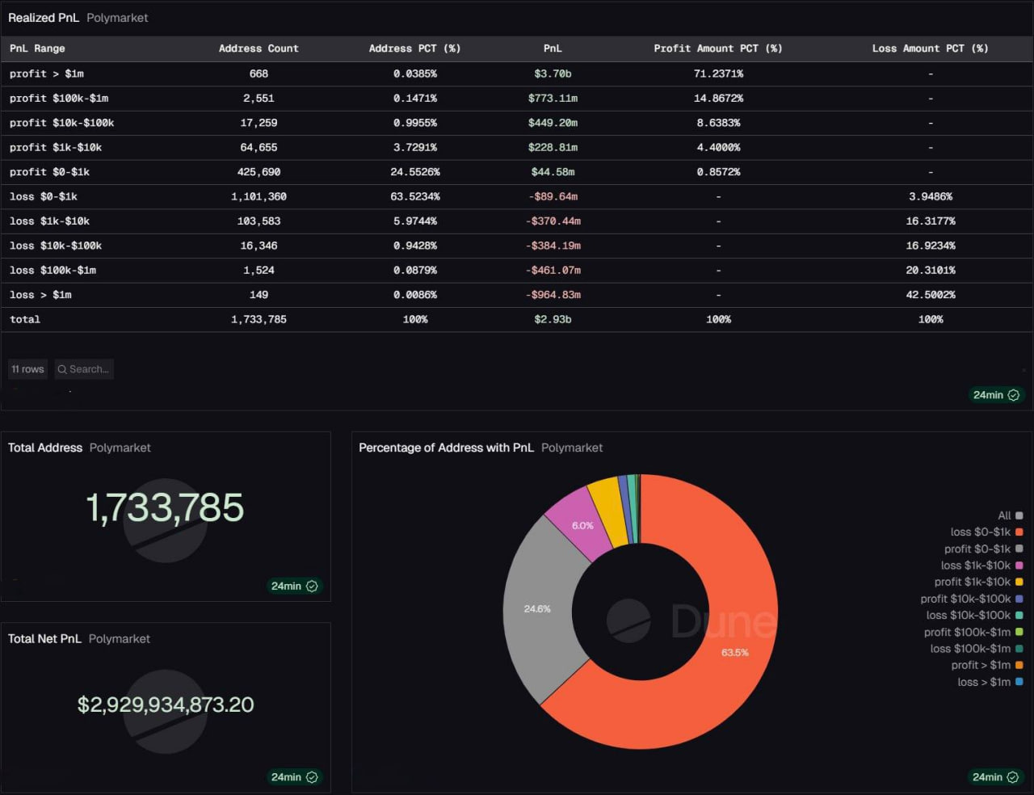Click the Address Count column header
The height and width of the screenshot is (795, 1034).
click(258, 48)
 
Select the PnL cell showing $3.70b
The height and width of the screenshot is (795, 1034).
click(553, 74)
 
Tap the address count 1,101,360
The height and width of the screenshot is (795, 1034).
click(258, 196)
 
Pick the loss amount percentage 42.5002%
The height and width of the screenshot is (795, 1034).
click(930, 295)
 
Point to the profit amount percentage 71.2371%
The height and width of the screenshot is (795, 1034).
click(718, 74)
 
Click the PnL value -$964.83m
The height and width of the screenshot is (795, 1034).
click(553, 295)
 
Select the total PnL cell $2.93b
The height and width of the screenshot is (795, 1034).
click(553, 319)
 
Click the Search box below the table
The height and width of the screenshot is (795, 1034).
click(84, 369)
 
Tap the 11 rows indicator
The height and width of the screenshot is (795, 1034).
click(28, 369)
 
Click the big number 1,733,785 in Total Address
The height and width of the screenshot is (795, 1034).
click(165, 508)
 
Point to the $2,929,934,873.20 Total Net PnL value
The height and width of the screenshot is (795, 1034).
click(166, 705)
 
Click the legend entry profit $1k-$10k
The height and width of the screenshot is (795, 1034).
click(972, 582)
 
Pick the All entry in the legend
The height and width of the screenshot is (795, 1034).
click(1004, 515)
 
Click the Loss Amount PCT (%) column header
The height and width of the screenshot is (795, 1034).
click(930, 48)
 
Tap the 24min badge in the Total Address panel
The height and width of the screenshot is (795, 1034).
click(294, 586)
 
